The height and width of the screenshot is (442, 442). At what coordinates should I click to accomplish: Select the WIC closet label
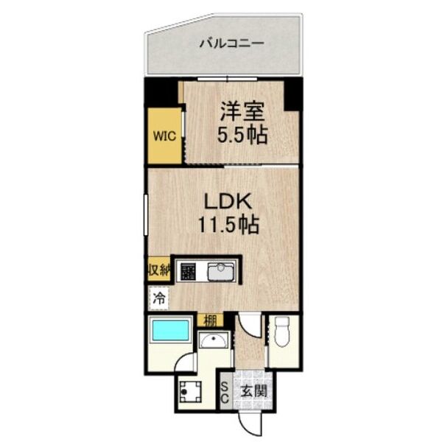[x=164, y=136]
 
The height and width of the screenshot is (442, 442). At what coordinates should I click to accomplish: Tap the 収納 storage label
[x=158, y=269]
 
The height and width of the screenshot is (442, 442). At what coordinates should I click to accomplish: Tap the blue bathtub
[x=170, y=331]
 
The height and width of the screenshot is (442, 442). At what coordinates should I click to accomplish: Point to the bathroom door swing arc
[x=186, y=362]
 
